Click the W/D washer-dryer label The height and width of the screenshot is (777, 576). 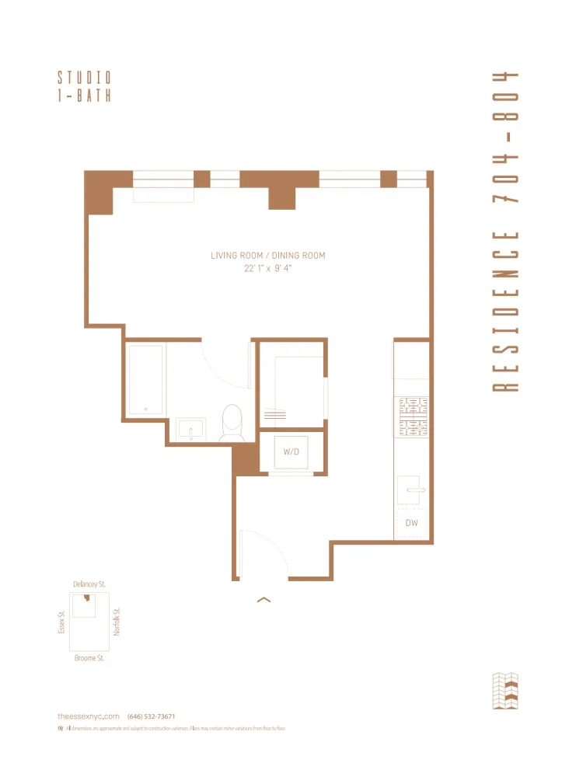point(291,451)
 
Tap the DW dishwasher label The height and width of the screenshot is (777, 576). point(411,523)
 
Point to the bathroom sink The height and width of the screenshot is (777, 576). point(190,429)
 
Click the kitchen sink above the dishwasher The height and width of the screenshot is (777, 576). point(411,490)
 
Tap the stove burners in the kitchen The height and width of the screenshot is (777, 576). point(413,416)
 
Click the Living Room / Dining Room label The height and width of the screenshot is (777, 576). point(267,256)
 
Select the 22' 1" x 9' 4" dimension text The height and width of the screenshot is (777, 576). point(267,268)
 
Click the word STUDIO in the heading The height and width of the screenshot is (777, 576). point(84,78)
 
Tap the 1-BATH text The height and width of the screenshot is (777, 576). point(84,96)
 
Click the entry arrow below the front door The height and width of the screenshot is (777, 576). point(264,599)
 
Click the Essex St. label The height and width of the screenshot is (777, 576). point(61,622)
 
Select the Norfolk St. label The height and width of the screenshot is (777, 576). point(117,622)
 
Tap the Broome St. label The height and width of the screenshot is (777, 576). point(89,658)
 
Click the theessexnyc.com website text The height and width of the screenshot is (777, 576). point(89,716)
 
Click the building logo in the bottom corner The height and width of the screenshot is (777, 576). point(505,691)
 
